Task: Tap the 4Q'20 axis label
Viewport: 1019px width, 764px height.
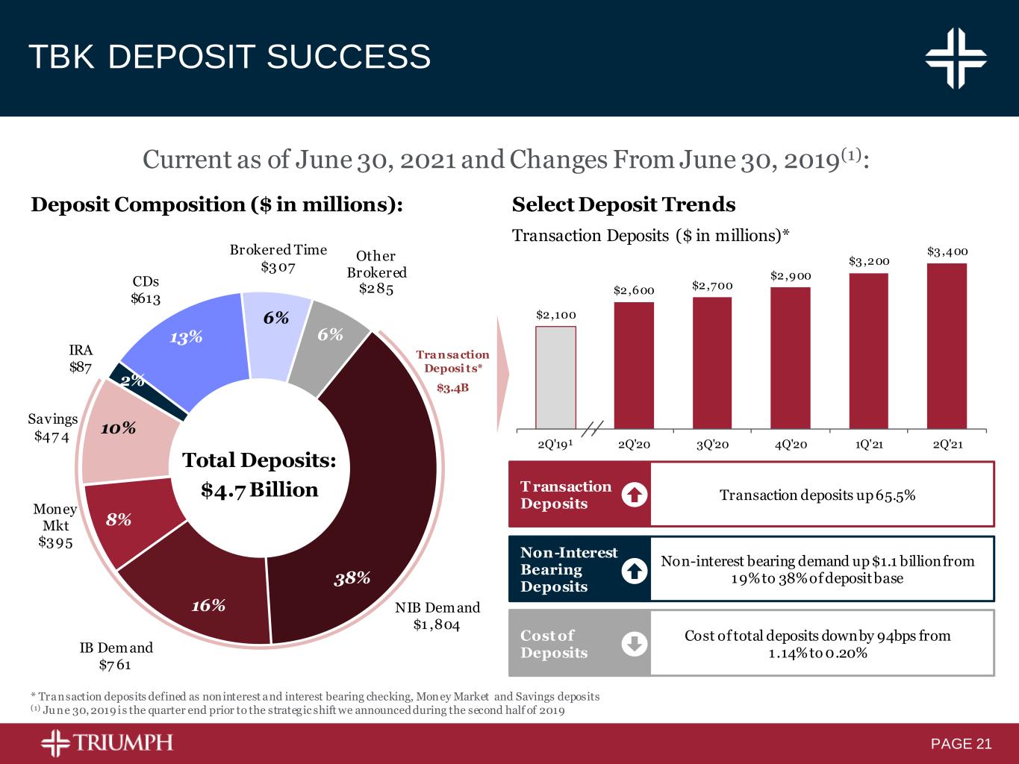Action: [x=790, y=445]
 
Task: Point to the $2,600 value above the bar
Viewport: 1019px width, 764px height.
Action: [x=633, y=290]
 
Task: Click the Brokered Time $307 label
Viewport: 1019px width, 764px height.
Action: [x=278, y=257]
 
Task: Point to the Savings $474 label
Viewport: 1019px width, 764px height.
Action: [x=52, y=428]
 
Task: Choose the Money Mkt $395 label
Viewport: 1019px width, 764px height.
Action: [x=54, y=526]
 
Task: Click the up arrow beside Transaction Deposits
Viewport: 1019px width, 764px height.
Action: [x=634, y=495]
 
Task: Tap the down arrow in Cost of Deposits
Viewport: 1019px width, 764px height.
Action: [x=634, y=644]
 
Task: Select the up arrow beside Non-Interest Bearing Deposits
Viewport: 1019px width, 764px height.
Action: [x=634, y=570]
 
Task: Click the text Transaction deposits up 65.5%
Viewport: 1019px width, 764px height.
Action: [x=817, y=495]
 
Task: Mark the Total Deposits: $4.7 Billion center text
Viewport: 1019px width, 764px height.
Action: [x=260, y=475]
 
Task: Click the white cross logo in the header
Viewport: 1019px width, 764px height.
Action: [x=956, y=57]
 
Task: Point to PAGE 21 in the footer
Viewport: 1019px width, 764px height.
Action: [x=961, y=744]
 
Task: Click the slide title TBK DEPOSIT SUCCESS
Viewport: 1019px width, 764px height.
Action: [x=229, y=57]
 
